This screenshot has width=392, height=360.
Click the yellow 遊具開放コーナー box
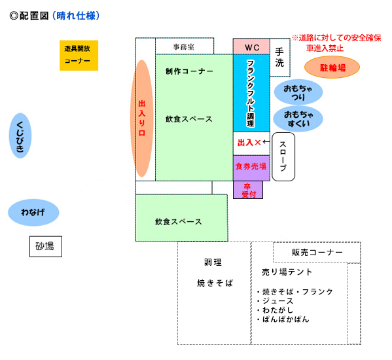tap(79, 55)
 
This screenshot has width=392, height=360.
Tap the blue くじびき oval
tap(20, 135)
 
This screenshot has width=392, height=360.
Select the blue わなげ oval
tap(33, 213)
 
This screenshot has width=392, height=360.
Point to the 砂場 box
tap(46, 247)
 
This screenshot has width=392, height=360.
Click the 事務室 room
tap(185, 46)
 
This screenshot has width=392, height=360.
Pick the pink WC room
tap(251, 46)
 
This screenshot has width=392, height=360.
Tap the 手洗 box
tap(280, 58)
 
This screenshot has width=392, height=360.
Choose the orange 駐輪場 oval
tap(332, 67)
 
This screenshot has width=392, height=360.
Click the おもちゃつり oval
tap(298, 92)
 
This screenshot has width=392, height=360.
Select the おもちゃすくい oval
tap(298, 118)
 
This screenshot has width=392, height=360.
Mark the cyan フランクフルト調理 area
tap(251, 93)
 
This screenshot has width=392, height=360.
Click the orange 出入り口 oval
tap(142, 118)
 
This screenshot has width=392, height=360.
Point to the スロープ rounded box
tap(283, 156)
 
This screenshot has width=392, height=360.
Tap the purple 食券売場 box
tap(251, 168)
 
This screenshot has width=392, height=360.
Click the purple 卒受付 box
tap(248, 190)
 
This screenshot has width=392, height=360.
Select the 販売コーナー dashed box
tap(317, 252)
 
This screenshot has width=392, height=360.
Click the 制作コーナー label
tap(189, 71)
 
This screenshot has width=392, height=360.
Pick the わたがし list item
tap(275, 310)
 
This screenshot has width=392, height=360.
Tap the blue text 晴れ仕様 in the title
tap(76, 16)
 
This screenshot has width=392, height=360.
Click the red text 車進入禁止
tap(325, 48)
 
